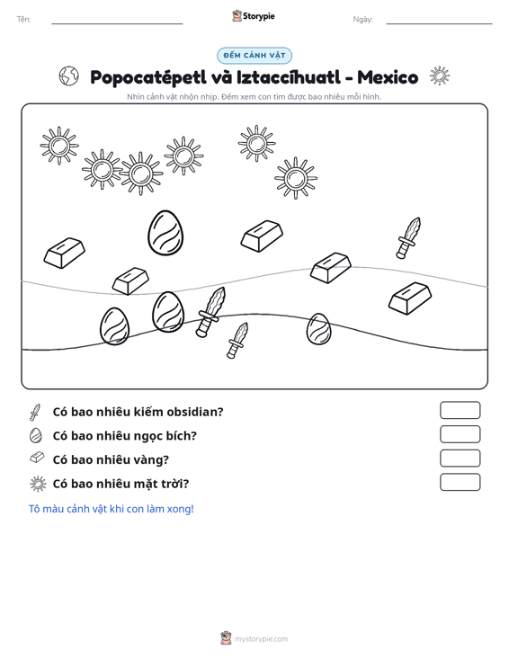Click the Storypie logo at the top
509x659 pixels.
pos(254,16)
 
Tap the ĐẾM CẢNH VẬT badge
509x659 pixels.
pos(254,56)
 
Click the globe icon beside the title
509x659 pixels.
pos(68,76)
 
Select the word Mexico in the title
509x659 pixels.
pos(388,77)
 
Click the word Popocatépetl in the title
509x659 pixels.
pos(148,77)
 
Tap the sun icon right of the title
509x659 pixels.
pos(440,76)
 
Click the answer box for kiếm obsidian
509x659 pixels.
pos(460,410)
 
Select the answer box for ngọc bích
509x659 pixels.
pos(460,434)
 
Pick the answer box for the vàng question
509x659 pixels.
pos(460,459)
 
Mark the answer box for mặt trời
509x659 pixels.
pos(460,482)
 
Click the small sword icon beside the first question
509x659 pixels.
pos(35,413)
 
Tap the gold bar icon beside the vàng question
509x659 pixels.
pos(37,458)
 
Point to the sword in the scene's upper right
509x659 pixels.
pos(408,238)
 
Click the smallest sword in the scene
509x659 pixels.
pos(237,341)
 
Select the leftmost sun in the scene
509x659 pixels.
pos(59,146)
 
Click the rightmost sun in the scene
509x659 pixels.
pos(296,178)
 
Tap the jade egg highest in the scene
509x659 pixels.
pos(165,233)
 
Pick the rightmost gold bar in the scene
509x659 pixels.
pos(410,298)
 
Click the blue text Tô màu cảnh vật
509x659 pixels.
pos(112,509)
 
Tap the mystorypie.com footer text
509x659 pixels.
pos(262,639)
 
